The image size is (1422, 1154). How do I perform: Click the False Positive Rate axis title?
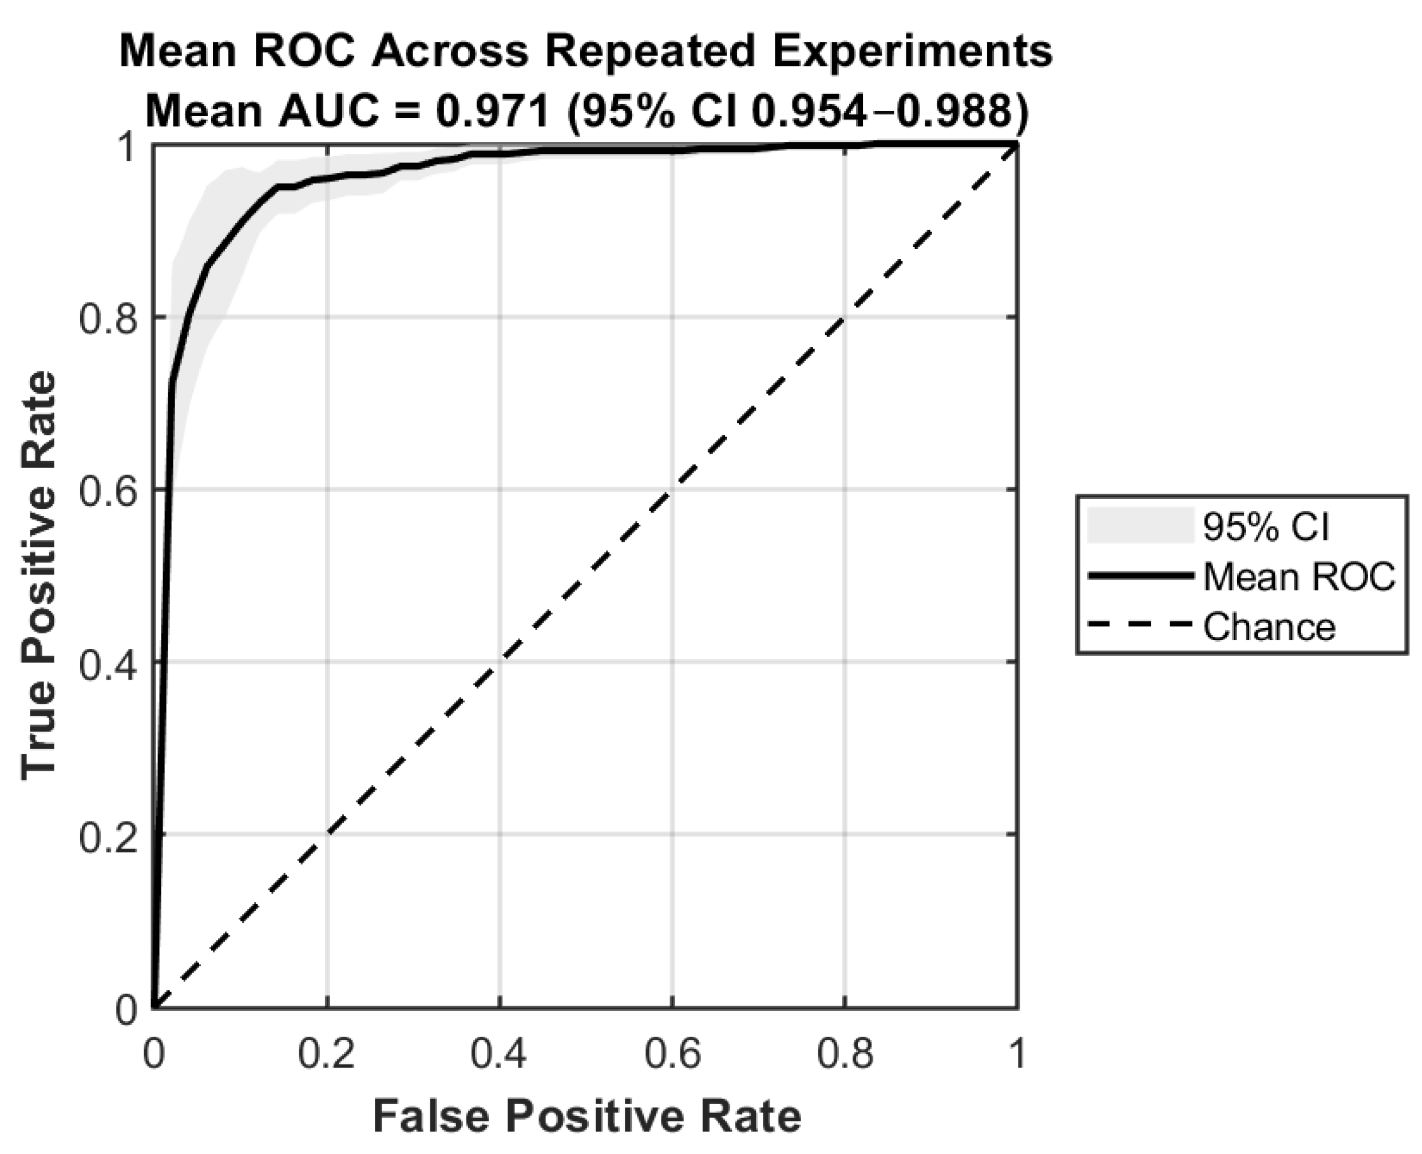[587, 1116]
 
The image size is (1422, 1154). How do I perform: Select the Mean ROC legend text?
[1299, 576]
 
